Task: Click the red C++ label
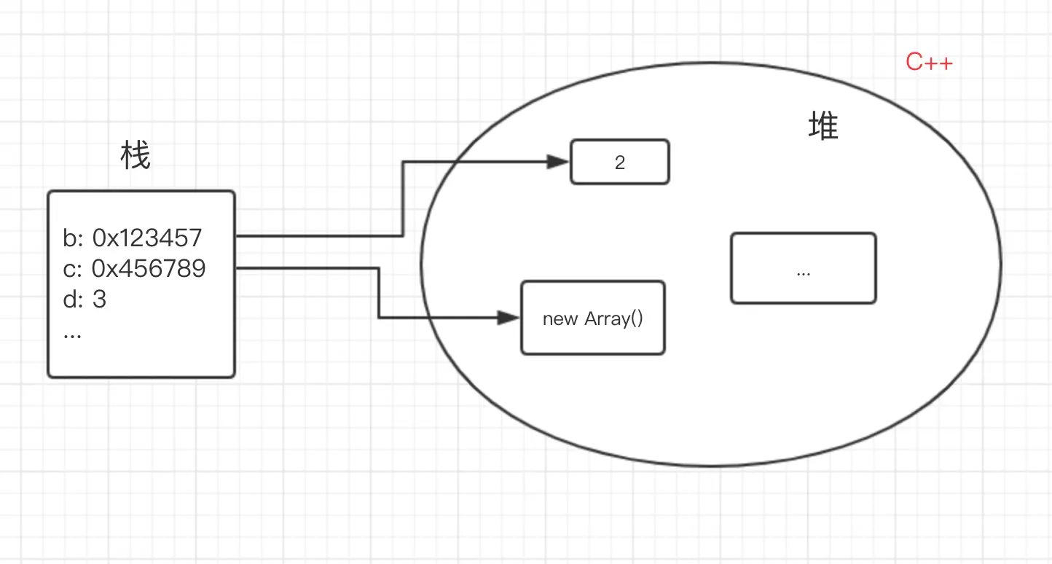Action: pos(929,63)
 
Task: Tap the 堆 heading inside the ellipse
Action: pos(823,127)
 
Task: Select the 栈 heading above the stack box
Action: pos(136,156)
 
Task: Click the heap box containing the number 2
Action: pos(619,162)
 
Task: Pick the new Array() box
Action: pos(592,318)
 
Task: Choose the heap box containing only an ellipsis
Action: pos(803,267)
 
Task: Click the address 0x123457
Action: pos(147,238)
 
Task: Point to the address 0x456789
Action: pos(149,269)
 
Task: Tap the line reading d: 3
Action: pos(85,299)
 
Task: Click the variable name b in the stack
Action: pos(70,238)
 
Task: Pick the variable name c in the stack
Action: pos(70,269)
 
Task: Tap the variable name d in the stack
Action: pos(70,299)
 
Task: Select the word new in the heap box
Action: pos(560,319)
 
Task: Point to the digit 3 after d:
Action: pos(99,299)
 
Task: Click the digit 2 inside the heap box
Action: pos(620,162)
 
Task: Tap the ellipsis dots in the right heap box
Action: pos(804,273)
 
